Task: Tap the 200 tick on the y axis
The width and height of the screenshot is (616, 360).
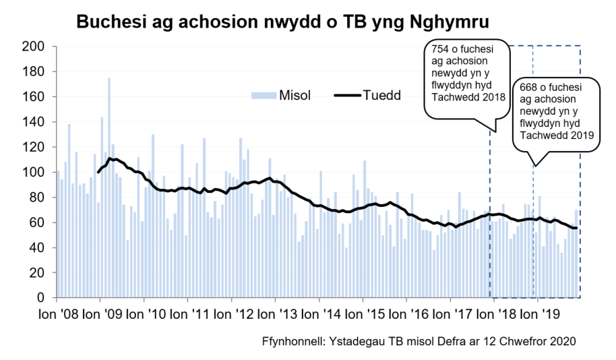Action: pyautogui.click(x=34, y=47)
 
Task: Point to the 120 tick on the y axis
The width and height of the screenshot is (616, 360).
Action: pyautogui.click(x=34, y=147)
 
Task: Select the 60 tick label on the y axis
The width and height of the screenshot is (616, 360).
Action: pyautogui.click(x=38, y=222)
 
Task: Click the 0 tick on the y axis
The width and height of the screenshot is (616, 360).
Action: pyautogui.click(x=41, y=298)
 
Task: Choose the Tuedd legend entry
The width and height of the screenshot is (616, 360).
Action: pyautogui.click(x=381, y=95)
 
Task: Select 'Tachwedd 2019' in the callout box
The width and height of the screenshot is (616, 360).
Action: pyautogui.click(x=553, y=135)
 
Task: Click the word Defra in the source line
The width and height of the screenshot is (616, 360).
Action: pyautogui.click(x=466, y=341)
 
